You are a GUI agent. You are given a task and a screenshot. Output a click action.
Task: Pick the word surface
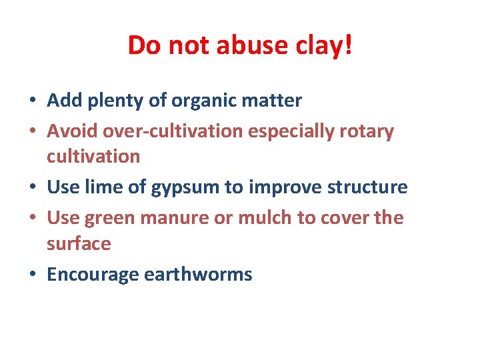click(79, 243)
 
